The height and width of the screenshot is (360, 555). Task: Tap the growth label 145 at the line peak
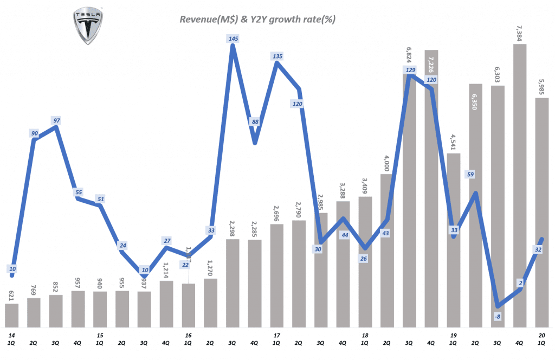click(233, 39)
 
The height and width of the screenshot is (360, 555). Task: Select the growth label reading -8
click(497, 315)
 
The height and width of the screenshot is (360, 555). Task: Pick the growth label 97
click(56, 119)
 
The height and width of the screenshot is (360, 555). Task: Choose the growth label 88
click(254, 122)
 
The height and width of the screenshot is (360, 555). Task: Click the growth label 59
click(469, 175)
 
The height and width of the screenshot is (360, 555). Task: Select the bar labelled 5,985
click(541, 212)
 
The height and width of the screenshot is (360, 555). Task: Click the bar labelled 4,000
click(386, 250)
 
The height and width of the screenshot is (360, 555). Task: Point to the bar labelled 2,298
click(233, 282)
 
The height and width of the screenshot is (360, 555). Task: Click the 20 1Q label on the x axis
click(542, 339)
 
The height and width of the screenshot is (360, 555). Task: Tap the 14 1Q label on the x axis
click(12, 339)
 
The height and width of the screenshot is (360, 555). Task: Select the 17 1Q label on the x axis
click(276, 339)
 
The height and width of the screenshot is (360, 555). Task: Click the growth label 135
click(277, 56)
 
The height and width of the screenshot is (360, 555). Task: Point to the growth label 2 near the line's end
click(519, 282)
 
